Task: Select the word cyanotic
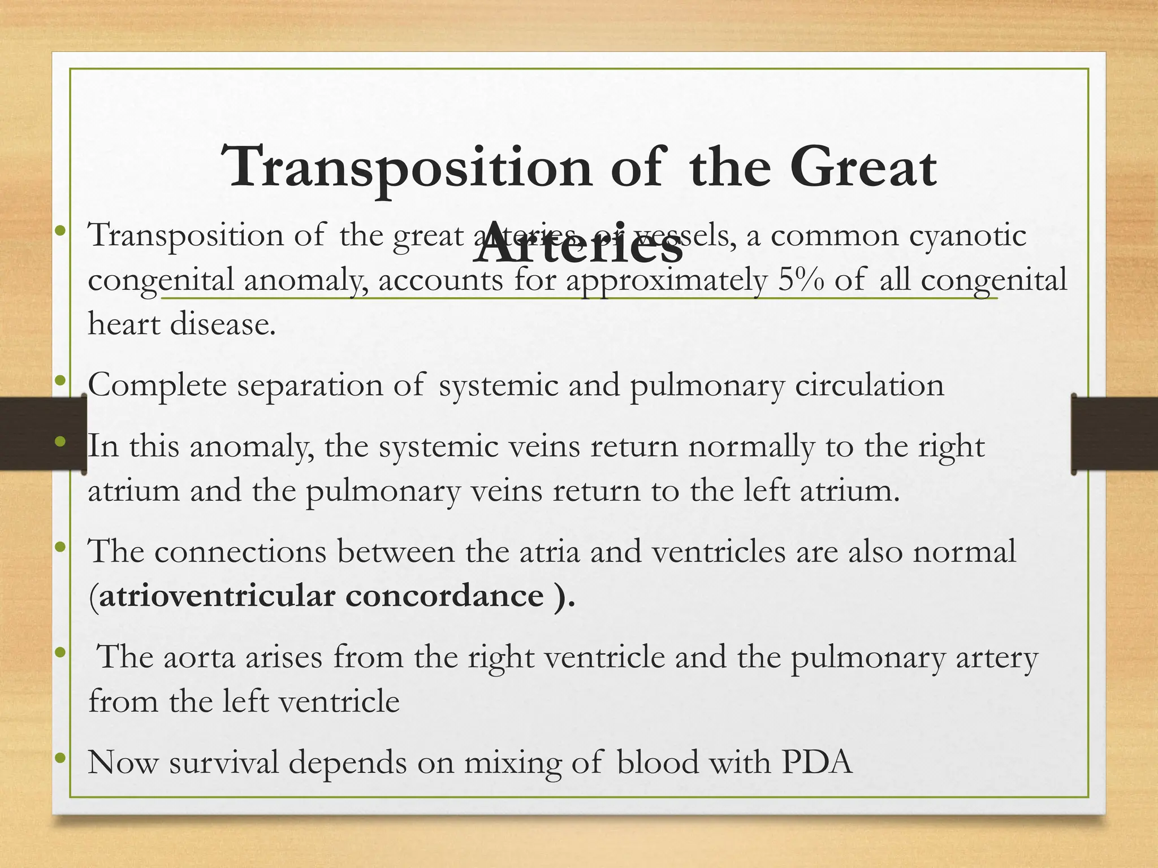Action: tap(967, 235)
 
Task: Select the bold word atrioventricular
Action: tap(217, 596)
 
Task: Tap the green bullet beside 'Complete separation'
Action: tap(61, 381)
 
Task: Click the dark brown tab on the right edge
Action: tap(1114, 433)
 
